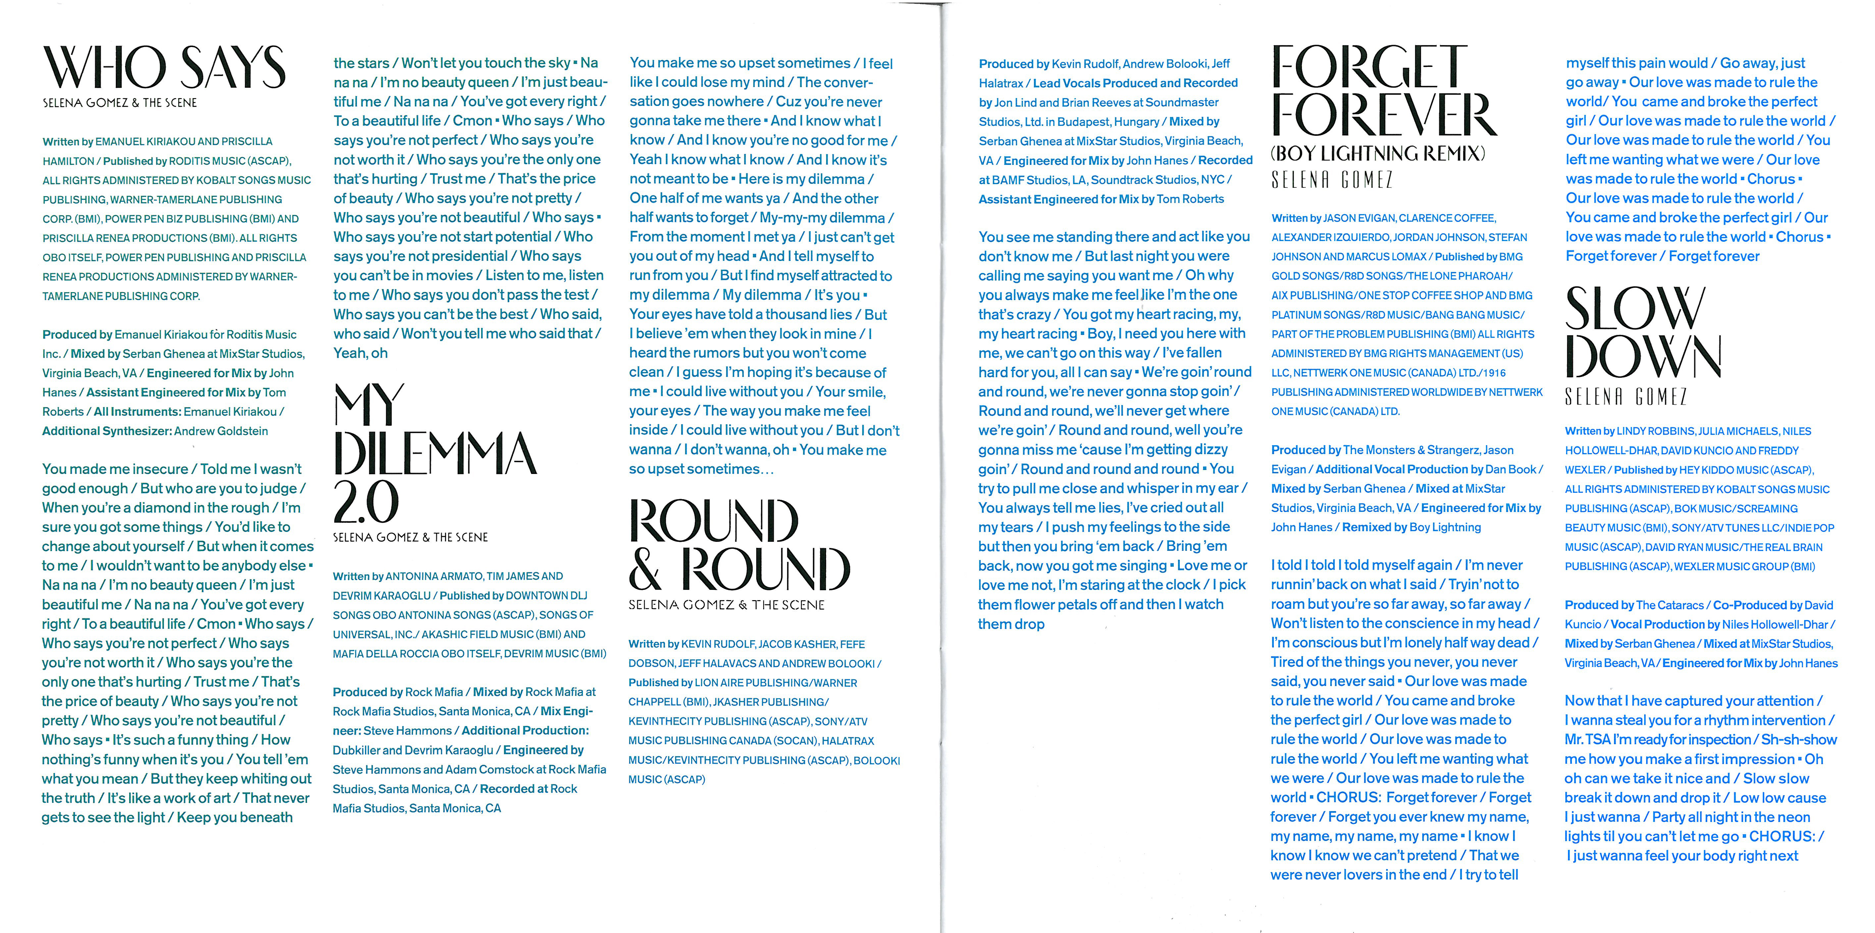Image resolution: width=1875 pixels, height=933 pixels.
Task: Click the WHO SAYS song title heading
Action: (x=164, y=68)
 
